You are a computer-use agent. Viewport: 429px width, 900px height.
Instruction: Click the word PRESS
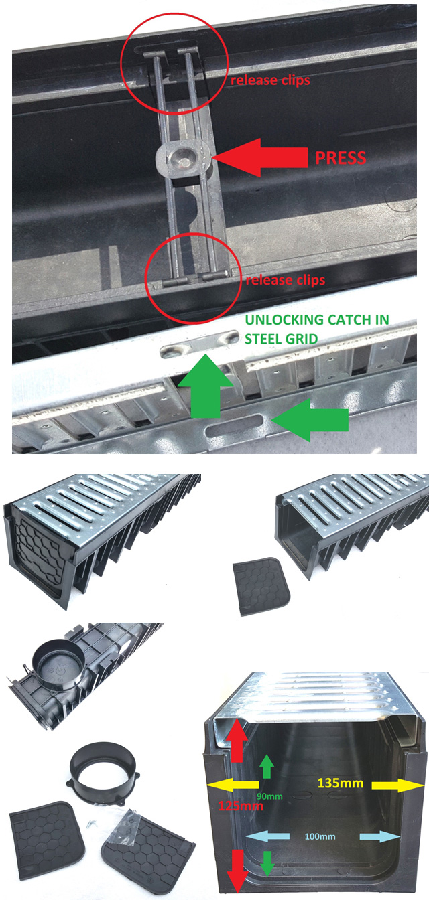341,158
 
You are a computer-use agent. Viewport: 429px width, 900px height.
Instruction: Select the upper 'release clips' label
270,80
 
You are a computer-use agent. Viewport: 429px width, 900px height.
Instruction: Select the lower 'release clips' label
286,280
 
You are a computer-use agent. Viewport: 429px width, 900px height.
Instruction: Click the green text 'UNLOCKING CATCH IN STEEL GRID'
317,329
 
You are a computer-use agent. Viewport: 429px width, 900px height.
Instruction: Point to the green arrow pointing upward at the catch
206,386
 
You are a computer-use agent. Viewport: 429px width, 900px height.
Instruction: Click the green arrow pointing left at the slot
310,420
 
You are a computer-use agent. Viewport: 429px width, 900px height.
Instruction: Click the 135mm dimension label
341,783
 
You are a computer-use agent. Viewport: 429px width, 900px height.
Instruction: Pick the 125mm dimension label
241,806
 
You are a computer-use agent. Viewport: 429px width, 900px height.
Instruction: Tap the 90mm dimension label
269,796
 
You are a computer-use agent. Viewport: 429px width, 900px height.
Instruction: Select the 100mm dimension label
320,836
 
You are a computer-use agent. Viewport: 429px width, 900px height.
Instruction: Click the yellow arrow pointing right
398,785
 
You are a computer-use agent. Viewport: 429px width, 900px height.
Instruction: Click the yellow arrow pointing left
233,785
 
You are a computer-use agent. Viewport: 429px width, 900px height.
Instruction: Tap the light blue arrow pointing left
267,836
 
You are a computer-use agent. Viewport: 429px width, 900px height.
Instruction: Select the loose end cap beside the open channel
261,586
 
